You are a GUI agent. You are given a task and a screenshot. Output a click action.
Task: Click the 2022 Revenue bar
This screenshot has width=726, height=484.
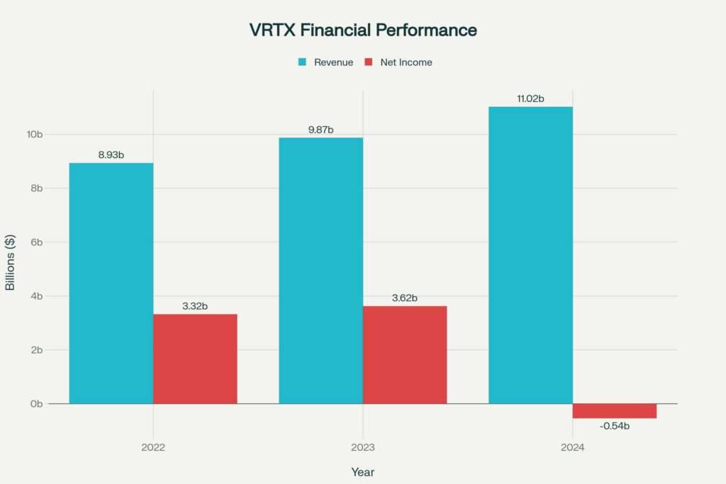pos(111,283)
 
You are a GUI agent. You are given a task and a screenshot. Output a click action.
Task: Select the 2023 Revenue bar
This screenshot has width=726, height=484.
pos(320,271)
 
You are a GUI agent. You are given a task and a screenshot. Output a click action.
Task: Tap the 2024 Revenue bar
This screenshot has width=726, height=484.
pos(530,255)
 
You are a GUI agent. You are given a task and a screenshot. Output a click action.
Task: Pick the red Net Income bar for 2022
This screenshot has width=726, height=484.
pos(195,359)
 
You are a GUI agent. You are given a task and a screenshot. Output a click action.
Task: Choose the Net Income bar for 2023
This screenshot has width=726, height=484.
pos(405,354)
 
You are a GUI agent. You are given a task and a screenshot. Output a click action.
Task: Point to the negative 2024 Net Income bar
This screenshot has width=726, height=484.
pos(614,411)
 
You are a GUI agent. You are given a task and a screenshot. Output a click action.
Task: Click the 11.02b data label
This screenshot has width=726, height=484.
pos(530,99)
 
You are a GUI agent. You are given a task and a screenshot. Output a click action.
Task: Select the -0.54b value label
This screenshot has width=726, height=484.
pos(614,426)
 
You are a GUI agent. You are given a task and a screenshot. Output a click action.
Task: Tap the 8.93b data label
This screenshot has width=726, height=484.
pos(111,154)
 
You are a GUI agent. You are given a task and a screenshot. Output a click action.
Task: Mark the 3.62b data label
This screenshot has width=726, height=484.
pos(405,298)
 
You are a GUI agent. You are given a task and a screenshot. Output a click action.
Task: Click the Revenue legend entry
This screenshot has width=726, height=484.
pos(325,62)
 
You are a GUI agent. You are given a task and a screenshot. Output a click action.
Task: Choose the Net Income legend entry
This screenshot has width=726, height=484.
pos(398,62)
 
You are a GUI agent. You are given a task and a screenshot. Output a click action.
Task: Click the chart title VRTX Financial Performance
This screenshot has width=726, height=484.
pos(363,30)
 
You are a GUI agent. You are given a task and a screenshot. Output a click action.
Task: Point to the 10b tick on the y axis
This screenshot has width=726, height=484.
pos(35,135)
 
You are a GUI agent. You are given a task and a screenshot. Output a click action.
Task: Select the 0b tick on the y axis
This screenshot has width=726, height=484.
pos(37,404)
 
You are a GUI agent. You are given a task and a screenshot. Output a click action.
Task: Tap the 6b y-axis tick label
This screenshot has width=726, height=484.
pos(37,242)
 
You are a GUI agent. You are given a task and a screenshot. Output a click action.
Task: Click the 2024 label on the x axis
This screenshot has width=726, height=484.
pos(572,448)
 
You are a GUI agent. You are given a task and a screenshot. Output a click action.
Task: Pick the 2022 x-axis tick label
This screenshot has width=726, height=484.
pos(153,448)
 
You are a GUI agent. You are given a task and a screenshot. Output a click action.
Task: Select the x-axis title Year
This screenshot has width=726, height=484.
pos(362,472)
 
